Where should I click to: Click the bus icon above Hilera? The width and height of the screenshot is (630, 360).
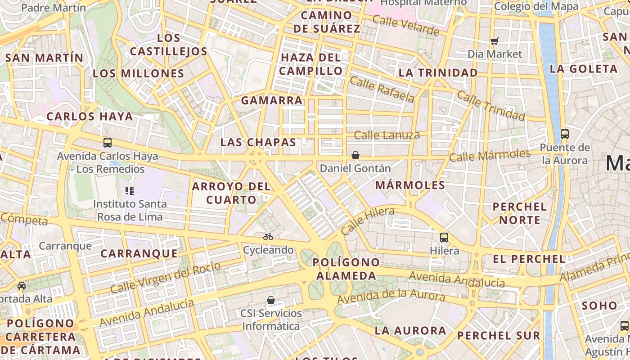click(x=444, y=237)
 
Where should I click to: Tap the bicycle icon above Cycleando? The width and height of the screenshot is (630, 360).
click(x=268, y=237)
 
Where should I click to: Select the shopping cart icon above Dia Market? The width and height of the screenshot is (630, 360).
click(x=495, y=41)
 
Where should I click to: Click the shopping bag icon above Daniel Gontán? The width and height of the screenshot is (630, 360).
click(x=355, y=155)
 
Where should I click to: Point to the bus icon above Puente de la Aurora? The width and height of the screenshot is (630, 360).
click(x=564, y=134)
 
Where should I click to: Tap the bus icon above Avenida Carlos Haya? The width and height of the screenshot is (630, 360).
click(x=108, y=143)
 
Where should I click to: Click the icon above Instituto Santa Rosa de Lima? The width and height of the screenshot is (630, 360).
click(x=130, y=191)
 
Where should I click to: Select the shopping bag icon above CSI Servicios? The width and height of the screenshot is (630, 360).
click(x=271, y=300)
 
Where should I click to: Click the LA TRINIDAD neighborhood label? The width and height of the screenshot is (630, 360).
click(x=438, y=72)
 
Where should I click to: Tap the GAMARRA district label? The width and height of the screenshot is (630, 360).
click(x=271, y=100)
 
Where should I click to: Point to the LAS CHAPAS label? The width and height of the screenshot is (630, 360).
click(x=258, y=143)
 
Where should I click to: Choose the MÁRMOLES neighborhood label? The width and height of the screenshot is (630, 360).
click(x=410, y=185)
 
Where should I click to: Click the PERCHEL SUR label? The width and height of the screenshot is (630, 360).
click(x=498, y=335)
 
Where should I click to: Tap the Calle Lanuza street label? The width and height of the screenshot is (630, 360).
click(x=387, y=135)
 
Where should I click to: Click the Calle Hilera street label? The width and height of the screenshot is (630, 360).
click(x=367, y=220)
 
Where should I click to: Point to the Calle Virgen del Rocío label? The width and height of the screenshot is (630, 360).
click(x=166, y=277)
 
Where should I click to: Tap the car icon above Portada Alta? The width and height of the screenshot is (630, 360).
click(x=21, y=286)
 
